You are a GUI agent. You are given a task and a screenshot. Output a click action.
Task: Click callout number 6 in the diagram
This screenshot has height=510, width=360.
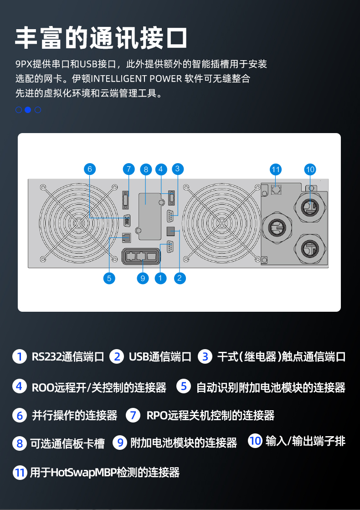click(x=90, y=169)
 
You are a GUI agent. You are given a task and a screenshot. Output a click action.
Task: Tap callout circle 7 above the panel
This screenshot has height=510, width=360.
click(x=129, y=169)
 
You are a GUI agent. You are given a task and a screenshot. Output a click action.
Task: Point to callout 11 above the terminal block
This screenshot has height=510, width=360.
click(x=275, y=170)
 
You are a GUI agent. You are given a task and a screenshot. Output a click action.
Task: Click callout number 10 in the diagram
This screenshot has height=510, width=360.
click(x=310, y=170)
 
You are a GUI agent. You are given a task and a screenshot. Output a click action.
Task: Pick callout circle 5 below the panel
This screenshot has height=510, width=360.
click(x=109, y=278)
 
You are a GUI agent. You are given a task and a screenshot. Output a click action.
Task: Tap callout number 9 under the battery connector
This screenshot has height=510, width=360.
click(x=143, y=278)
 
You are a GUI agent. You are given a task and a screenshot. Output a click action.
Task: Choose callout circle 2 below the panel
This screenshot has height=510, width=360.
click(x=180, y=278)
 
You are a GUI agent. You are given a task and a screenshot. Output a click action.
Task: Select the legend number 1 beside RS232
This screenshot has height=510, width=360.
click(x=19, y=356)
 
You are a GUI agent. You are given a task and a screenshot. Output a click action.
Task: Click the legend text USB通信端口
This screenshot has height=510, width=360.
click(x=160, y=356)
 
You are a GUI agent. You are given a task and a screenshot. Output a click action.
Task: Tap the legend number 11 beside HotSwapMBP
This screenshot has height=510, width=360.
click(x=19, y=473)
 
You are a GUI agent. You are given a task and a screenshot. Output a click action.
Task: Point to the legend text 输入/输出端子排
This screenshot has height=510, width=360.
click(x=305, y=441)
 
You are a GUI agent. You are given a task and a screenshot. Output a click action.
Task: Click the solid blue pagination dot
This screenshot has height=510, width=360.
click(x=28, y=109)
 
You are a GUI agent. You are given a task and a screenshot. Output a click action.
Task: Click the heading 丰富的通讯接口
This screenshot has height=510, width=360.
click(x=101, y=37)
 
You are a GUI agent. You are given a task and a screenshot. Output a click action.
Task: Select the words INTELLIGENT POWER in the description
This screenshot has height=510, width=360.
click(x=140, y=78)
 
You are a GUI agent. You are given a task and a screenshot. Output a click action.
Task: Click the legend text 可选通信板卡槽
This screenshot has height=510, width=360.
click(x=67, y=443)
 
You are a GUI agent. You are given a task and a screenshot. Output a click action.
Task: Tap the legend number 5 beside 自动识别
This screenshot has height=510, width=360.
click(x=184, y=386)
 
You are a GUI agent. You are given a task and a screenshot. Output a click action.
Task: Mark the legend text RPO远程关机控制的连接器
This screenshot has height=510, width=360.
click(x=211, y=415)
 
